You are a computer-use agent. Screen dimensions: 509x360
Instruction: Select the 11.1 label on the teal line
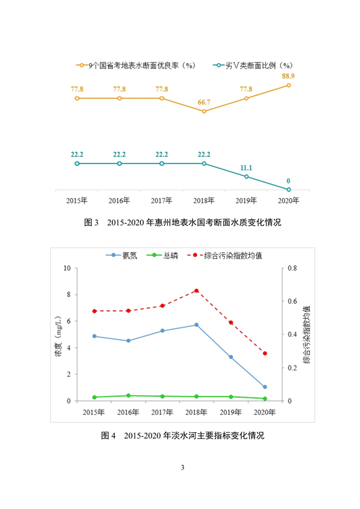[x=246, y=168]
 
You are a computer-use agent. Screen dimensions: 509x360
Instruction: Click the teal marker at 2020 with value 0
[x=289, y=190]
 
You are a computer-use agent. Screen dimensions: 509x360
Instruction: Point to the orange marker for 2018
[x=204, y=111]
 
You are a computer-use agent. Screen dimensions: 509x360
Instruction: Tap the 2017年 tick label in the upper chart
[x=162, y=200]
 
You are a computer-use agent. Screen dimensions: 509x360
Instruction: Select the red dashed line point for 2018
[x=196, y=291]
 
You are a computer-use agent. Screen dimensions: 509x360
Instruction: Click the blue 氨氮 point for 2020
[x=265, y=387]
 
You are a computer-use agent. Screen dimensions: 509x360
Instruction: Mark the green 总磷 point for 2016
[x=128, y=396]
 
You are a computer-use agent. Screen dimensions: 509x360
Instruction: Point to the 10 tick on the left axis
[x=67, y=268]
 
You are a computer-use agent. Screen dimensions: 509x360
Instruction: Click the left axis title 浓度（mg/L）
[x=59, y=335]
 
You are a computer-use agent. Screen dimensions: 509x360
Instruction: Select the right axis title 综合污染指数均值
[x=307, y=334]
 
